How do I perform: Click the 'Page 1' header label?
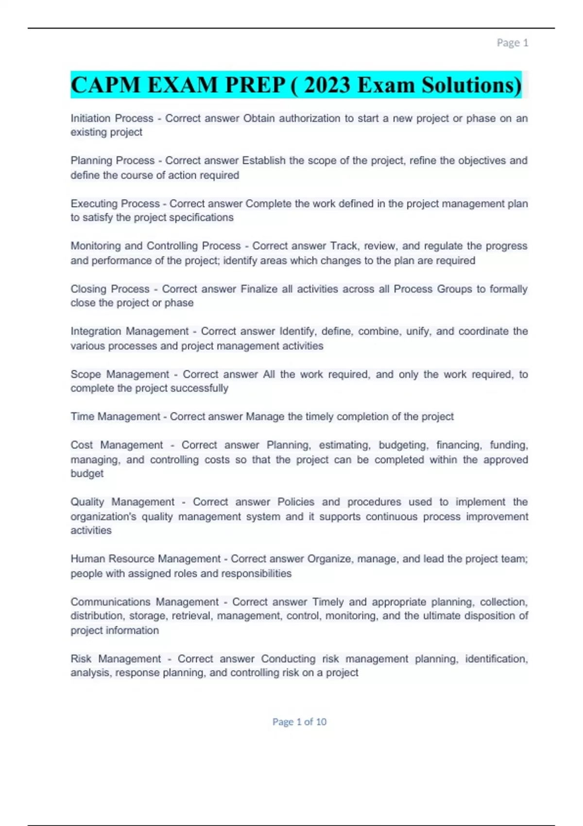(512, 43)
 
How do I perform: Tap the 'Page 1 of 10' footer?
(299, 722)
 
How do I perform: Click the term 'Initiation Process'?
(112, 118)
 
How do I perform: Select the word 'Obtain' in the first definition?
(259, 118)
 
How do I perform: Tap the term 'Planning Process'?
(112, 160)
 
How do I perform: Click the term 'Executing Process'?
(115, 204)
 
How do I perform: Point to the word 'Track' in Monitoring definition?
(344, 246)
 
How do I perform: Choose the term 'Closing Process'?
(110, 289)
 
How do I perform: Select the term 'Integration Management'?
(129, 331)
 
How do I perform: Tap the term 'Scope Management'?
(120, 374)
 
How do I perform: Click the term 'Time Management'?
(115, 416)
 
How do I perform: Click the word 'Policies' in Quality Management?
(295, 502)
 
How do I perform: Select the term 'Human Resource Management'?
(145, 559)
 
